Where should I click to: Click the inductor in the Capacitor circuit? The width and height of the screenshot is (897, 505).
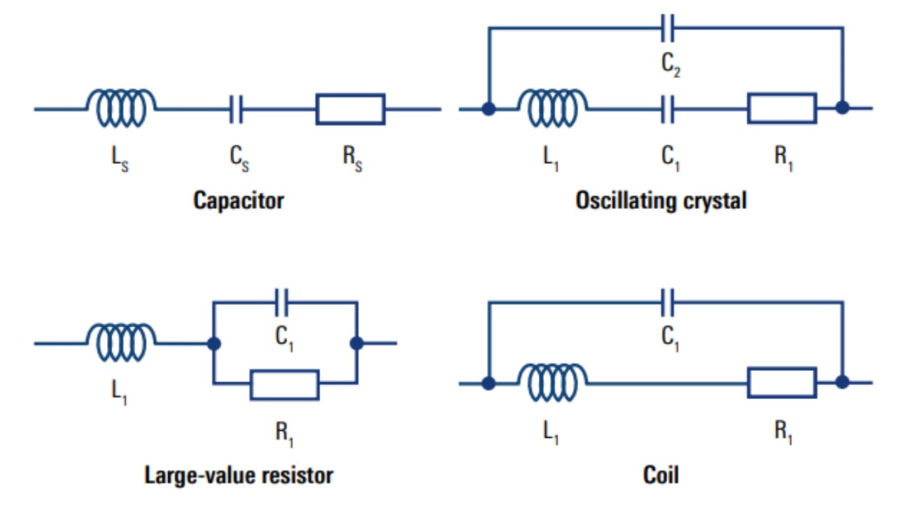[121, 108]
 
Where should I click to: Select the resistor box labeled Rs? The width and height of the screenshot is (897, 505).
[350, 109]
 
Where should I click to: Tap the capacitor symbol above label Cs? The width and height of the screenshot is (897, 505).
[236, 109]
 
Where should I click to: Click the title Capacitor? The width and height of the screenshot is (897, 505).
[238, 201]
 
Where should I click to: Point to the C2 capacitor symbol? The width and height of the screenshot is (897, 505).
[669, 28]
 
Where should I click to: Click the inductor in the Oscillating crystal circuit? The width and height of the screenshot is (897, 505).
[552, 108]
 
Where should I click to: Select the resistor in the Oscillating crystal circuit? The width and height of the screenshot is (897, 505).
[782, 108]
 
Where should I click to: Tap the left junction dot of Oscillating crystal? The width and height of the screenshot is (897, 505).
[488, 108]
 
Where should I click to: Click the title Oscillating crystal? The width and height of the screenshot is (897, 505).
[661, 201]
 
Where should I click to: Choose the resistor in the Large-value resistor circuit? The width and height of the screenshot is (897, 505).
[285, 384]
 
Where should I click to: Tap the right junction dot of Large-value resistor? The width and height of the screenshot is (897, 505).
[357, 343]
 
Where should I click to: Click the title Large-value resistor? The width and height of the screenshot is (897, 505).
[238, 475]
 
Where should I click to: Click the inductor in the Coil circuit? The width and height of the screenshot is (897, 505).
[552, 382]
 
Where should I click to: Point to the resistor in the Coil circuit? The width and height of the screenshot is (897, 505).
[782, 382]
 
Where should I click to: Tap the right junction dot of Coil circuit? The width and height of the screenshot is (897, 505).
[842, 382]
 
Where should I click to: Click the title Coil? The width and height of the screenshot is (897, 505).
[661, 475]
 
